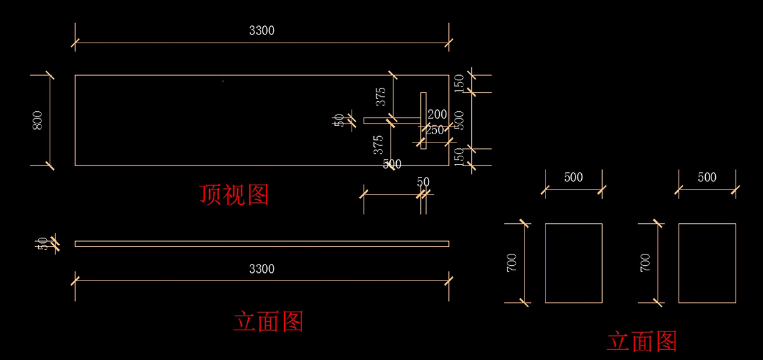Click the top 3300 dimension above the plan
(261, 31)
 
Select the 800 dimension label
(38, 120)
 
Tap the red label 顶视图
(234, 195)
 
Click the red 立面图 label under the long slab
(268, 322)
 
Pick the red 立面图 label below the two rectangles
(642, 342)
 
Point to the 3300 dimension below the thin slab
(261, 269)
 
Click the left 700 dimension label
(512, 263)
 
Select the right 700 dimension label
(645, 263)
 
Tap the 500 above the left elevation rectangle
(574, 177)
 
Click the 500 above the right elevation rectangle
(707, 177)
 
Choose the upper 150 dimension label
(460, 83)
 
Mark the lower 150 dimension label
(460, 156)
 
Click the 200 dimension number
(437, 114)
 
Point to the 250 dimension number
(435, 130)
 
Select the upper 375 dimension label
(381, 97)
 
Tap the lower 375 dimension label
(378, 144)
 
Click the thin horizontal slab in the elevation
(261, 244)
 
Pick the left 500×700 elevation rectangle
(574, 263)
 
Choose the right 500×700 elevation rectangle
(707, 263)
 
